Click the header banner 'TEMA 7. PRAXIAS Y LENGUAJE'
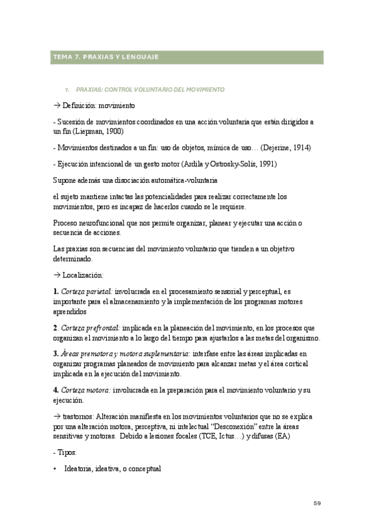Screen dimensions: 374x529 pyautogui.click(x=106, y=57)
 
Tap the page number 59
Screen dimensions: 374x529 pyautogui.click(x=317, y=503)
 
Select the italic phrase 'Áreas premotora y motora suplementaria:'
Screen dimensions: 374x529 pyautogui.click(x=130, y=354)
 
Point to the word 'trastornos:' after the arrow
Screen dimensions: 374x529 pyautogui.click(x=80, y=416)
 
